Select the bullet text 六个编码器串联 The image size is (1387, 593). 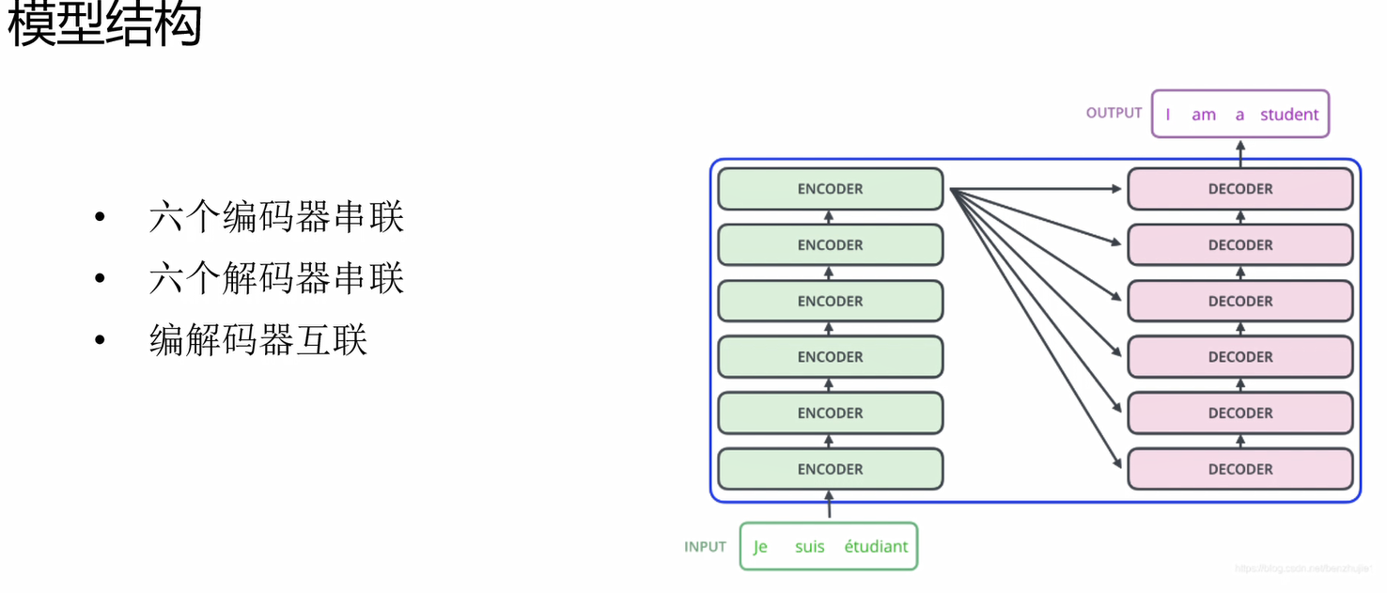[276, 218]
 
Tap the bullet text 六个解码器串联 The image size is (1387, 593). [276, 279]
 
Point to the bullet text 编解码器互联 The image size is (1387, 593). [257, 340]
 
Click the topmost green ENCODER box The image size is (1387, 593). [830, 189]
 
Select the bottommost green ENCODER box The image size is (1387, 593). [830, 469]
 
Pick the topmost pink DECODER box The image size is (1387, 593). [1239, 189]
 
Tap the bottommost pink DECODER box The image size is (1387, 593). [1239, 469]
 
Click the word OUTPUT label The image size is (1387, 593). [1114, 113]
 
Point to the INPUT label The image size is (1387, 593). [705, 547]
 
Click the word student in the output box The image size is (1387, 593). [1289, 115]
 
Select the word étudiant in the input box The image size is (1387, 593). [876, 547]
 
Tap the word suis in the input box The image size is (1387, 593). [809, 547]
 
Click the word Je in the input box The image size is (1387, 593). [760, 547]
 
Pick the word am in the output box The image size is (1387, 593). [1204, 115]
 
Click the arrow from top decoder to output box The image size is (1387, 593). [1239, 153]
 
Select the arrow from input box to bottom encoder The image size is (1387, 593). [829, 506]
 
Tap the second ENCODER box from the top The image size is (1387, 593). [830, 245]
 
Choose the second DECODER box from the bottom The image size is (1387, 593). [1239, 414]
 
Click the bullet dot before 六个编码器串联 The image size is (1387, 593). [100, 219]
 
